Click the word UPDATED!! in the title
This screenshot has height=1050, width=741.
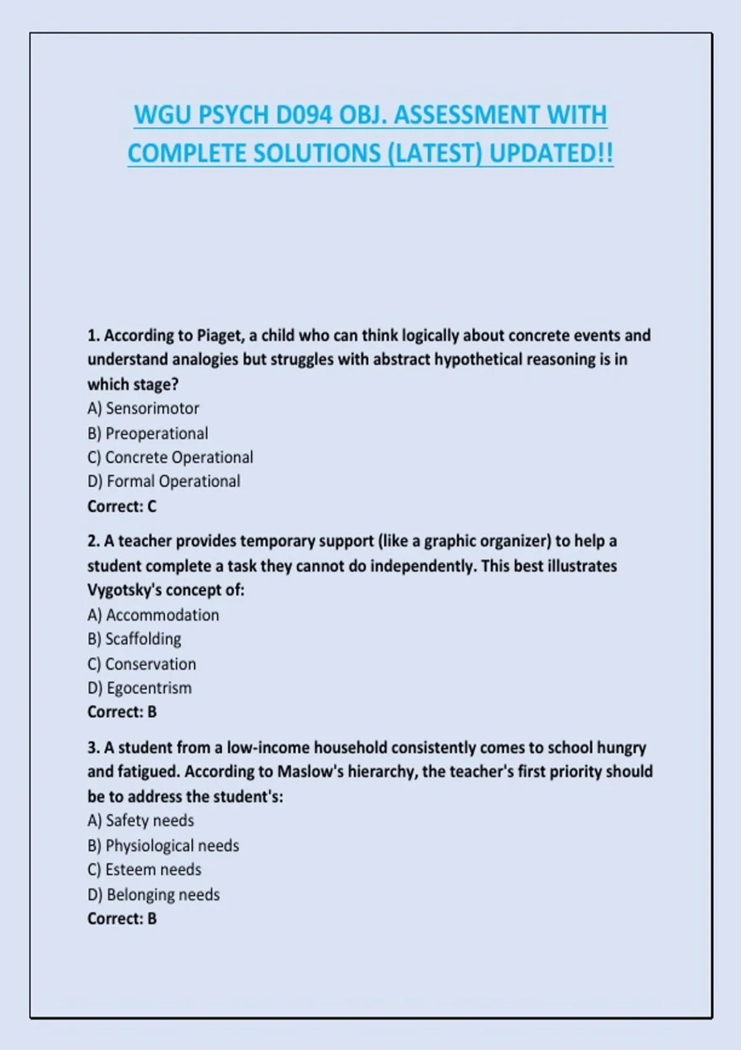pyautogui.click(x=551, y=154)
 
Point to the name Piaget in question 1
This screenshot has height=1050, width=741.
pyautogui.click(x=220, y=335)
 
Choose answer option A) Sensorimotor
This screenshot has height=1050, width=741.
pyautogui.click(x=143, y=408)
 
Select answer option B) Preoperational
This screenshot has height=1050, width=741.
pyautogui.click(x=148, y=433)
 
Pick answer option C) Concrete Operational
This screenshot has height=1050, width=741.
pyautogui.click(x=170, y=457)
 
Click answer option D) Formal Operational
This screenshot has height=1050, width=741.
pyautogui.click(x=164, y=481)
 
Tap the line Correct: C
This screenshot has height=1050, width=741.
pyautogui.click(x=122, y=506)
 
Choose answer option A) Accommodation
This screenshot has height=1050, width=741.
pyautogui.click(x=153, y=615)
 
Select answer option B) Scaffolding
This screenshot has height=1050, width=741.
pyautogui.click(x=135, y=639)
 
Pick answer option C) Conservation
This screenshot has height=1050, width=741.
pyautogui.click(x=142, y=664)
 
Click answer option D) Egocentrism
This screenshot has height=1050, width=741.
pyautogui.click(x=140, y=687)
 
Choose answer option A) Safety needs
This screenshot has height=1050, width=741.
pyautogui.click(x=141, y=820)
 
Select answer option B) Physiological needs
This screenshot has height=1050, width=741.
pyautogui.click(x=163, y=845)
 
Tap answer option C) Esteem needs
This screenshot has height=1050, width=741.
pyautogui.click(x=144, y=869)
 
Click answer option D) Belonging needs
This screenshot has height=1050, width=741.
pyautogui.click(x=154, y=894)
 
